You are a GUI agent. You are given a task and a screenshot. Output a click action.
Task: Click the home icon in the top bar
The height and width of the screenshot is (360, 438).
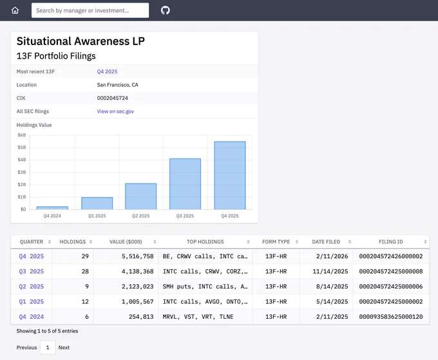pyautogui.click(x=15, y=10)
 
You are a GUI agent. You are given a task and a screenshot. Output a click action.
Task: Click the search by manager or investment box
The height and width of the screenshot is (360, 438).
pyautogui.click(x=90, y=10)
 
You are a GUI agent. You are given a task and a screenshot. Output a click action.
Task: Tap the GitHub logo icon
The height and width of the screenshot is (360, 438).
pyautogui.click(x=166, y=10)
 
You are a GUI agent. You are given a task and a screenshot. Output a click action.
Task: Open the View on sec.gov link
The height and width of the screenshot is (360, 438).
pyautogui.click(x=115, y=111)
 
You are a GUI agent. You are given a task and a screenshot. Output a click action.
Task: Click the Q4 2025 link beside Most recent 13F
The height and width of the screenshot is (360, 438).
pyautogui.click(x=107, y=71)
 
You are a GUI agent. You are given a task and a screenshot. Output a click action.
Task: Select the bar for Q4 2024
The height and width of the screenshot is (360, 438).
pyautogui.click(x=52, y=208)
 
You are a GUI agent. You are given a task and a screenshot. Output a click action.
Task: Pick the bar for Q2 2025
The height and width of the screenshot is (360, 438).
pyautogui.click(x=141, y=196)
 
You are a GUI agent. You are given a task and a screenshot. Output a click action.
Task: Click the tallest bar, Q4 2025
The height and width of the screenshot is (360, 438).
pyautogui.click(x=230, y=175)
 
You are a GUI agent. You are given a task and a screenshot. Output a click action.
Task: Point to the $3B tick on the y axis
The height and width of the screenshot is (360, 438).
pyautogui.click(x=22, y=172)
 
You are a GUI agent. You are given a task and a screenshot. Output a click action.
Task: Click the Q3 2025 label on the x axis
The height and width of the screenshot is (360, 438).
pyautogui.click(x=185, y=216)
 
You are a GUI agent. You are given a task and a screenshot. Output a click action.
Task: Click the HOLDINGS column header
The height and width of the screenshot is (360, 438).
pyautogui.click(x=73, y=242)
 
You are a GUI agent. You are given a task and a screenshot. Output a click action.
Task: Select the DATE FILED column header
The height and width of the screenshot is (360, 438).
pyautogui.click(x=326, y=242)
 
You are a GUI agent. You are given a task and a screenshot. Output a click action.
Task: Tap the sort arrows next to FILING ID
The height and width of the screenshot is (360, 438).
pyautogui.click(x=425, y=242)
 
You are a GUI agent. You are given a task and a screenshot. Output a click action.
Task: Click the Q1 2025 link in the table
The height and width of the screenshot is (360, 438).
pyautogui.click(x=32, y=301)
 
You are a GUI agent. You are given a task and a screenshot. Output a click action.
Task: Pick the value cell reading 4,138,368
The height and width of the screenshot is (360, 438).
pyautogui.click(x=137, y=272)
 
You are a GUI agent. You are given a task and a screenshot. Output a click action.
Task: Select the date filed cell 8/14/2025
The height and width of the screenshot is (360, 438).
pyautogui.click(x=332, y=287)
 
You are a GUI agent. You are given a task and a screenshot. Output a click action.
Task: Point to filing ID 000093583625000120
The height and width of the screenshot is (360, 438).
pyautogui.click(x=391, y=317)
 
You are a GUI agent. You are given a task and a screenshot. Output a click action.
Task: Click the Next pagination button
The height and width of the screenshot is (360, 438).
pyautogui.click(x=64, y=347)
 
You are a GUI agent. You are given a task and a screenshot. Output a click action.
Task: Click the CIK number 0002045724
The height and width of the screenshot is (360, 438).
pyautogui.click(x=112, y=98)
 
